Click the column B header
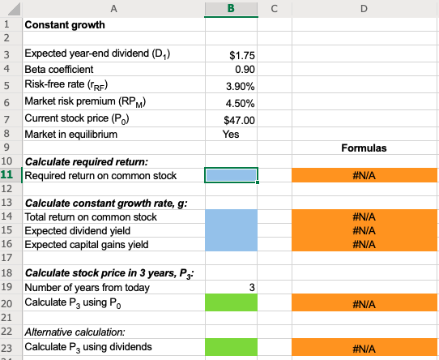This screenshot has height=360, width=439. coord(232,9)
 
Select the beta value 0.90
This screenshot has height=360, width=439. coord(244,70)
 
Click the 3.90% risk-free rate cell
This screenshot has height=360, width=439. coord(242,86)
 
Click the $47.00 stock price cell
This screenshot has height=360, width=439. coord(241,119)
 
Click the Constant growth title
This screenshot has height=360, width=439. coord(65,24)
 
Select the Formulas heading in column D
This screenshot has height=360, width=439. coord(363,148)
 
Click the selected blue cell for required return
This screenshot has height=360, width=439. coord(232,175)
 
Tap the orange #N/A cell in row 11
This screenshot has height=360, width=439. coord(363,175)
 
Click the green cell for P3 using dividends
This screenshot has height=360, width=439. coord(232,347)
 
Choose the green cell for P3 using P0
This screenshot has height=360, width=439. coord(232,303)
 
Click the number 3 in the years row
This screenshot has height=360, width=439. coord(251,287)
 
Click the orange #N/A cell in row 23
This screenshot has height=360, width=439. coord(363,347)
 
